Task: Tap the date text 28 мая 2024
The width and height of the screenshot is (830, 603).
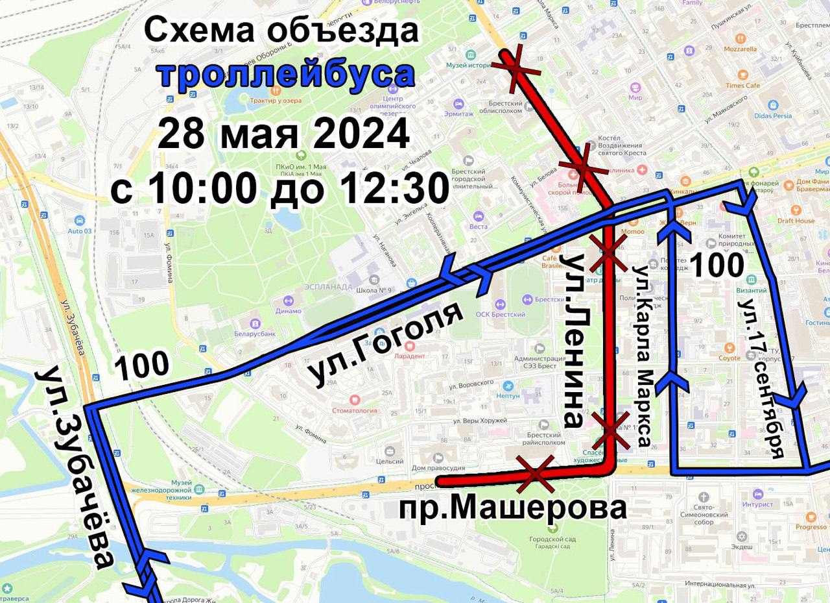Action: pos(283,134)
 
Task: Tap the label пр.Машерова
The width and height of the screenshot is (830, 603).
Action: pos(512,508)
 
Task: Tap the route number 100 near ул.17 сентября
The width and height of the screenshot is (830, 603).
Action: pos(716,266)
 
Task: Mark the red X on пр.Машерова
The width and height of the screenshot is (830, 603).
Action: pos(536,474)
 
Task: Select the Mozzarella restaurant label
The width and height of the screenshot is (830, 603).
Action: pos(740,49)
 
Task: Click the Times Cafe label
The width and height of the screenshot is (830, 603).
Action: pos(742,85)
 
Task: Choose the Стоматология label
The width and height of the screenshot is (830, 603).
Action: pos(354,410)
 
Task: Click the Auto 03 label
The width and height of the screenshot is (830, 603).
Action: pos(80,230)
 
